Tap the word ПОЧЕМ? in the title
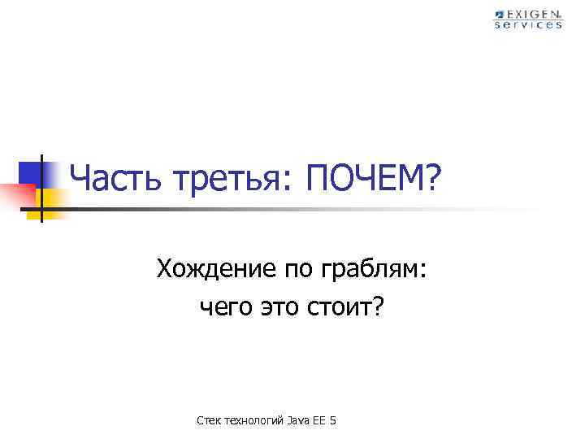pos(372,178)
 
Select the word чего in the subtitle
pos(222,309)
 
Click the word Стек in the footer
pos(210,420)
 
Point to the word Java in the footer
pos(297,420)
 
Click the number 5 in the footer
pos(333,420)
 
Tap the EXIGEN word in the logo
pos(533,15)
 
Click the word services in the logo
pos(528,25)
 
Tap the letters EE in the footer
pos(318,420)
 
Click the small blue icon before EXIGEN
pos(499,15)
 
